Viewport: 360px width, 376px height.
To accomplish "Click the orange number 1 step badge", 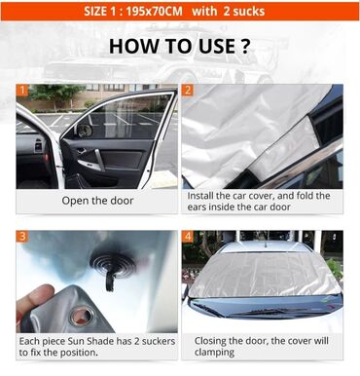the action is (x=22, y=90).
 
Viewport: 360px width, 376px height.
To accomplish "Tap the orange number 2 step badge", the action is (x=188, y=90).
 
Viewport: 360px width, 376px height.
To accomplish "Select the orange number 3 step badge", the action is (x=22, y=236).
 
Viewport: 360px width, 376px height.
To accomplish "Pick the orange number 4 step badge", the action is (x=188, y=236).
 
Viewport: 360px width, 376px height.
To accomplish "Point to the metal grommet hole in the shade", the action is (x=81, y=316).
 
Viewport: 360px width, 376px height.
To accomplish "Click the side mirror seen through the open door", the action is (x=84, y=131).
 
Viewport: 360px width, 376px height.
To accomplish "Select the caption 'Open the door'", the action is (x=97, y=201).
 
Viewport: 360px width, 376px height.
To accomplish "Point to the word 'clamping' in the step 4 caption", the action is (x=214, y=353).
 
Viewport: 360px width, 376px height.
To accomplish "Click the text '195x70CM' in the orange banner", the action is (x=154, y=12).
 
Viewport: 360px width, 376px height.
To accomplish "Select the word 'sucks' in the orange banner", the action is (x=249, y=12).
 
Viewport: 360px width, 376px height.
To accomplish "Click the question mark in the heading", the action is (x=245, y=46).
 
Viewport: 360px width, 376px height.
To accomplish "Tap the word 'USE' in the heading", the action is (x=217, y=46).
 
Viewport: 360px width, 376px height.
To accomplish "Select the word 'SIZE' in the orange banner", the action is (x=95, y=12).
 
